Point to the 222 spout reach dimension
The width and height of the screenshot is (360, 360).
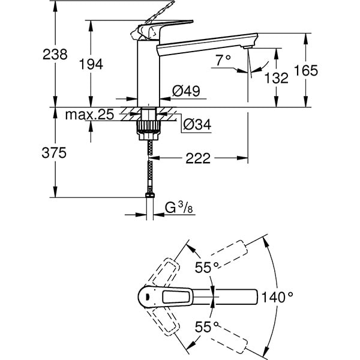[x=199, y=158]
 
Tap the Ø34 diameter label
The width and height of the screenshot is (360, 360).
[x=195, y=124]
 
